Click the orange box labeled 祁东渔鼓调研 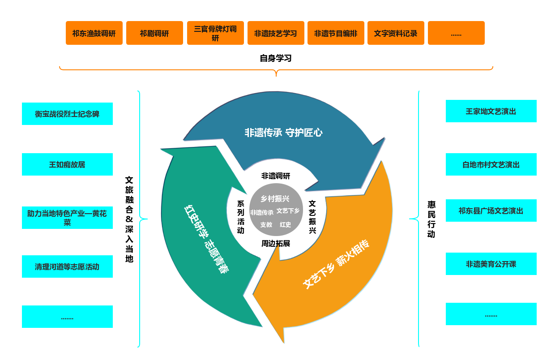pyautogui.click(x=94, y=33)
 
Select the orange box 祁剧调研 pyautogui.click(x=154, y=33)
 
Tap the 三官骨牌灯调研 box pyautogui.click(x=215, y=33)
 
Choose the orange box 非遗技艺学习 pyautogui.click(x=276, y=33)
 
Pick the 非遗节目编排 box pyautogui.click(x=336, y=33)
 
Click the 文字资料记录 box pyautogui.click(x=396, y=33)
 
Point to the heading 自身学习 pyautogui.click(x=276, y=58)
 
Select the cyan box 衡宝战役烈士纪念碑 pyautogui.click(x=67, y=114)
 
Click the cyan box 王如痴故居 pyautogui.click(x=67, y=164)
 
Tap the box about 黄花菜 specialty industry pyautogui.click(x=67, y=218)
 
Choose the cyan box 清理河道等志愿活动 pyautogui.click(x=67, y=266)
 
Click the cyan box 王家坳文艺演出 pyautogui.click(x=491, y=111)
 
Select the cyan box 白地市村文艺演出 pyautogui.click(x=491, y=164)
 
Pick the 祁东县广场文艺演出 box pyautogui.click(x=491, y=211)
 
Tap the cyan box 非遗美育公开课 pyautogui.click(x=491, y=264)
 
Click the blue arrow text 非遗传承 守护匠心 pyautogui.click(x=283, y=133)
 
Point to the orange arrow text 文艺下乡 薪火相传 pyautogui.click(x=336, y=264)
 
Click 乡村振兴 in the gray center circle pyautogui.click(x=275, y=198)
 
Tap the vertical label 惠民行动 pyautogui.click(x=431, y=219)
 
